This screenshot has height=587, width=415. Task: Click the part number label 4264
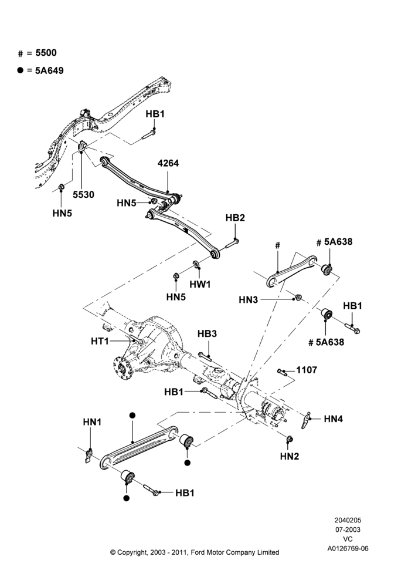coord(168,163)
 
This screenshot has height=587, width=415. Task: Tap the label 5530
coord(83,195)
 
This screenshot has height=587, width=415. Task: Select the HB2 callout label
coord(235,218)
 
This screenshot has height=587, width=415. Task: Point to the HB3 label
coord(207,333)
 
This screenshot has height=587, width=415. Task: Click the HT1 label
coord(100,341)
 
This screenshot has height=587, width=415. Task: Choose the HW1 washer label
coord(200,285)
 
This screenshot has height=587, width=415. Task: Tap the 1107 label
coord(307,370)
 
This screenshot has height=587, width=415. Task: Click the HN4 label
coord(334,419)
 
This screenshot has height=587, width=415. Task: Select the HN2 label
coord(290,456)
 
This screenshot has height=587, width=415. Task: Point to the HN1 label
coord(92,422)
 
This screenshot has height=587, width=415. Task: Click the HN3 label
coord(249,300)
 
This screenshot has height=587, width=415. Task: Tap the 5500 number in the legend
coord(46,53)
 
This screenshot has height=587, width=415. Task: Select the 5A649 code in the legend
coord(49,71)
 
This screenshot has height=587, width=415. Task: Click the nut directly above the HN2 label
coord(289,438)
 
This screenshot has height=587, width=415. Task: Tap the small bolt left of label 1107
coord(282,372)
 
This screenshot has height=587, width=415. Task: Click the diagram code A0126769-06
coord(348,548)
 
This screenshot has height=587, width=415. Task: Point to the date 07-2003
coord(348,529)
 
